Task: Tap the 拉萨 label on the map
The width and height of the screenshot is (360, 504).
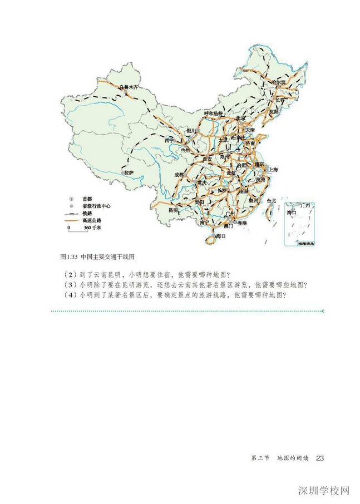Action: pos(128,173)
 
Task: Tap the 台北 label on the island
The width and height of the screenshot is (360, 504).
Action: pos(271,200)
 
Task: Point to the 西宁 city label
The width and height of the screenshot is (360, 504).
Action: pos(170,140)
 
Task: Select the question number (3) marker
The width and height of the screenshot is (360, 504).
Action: pos(68,284)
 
